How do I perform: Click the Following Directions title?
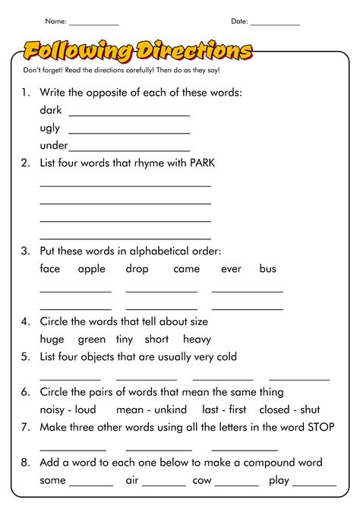pyautogui.click(x=137, y=51)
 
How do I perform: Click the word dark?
pyautogui.click(x=51, y=110)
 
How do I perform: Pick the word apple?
pyautogui.click(x=92, y=269)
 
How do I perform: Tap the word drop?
pyautogui.click(x=137, y=269)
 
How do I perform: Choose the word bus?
pyautogui.click(x=267, y=269)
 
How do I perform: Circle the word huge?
pyautogui.click(x=52, y=340)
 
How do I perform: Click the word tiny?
pyautogui.click(x=125, y=340)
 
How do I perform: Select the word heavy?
pyautogui.click(x=197, y=340)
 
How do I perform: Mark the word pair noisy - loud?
pyautogui.click(x=68, y=409)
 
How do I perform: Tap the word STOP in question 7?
pyautogui.click(x=321, y=427)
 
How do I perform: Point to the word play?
pyautogui.click(x=279, y=481)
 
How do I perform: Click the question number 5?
pyautogui.click(x=25, y=357)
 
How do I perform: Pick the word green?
pyautogui.click(x=91, y=340)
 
